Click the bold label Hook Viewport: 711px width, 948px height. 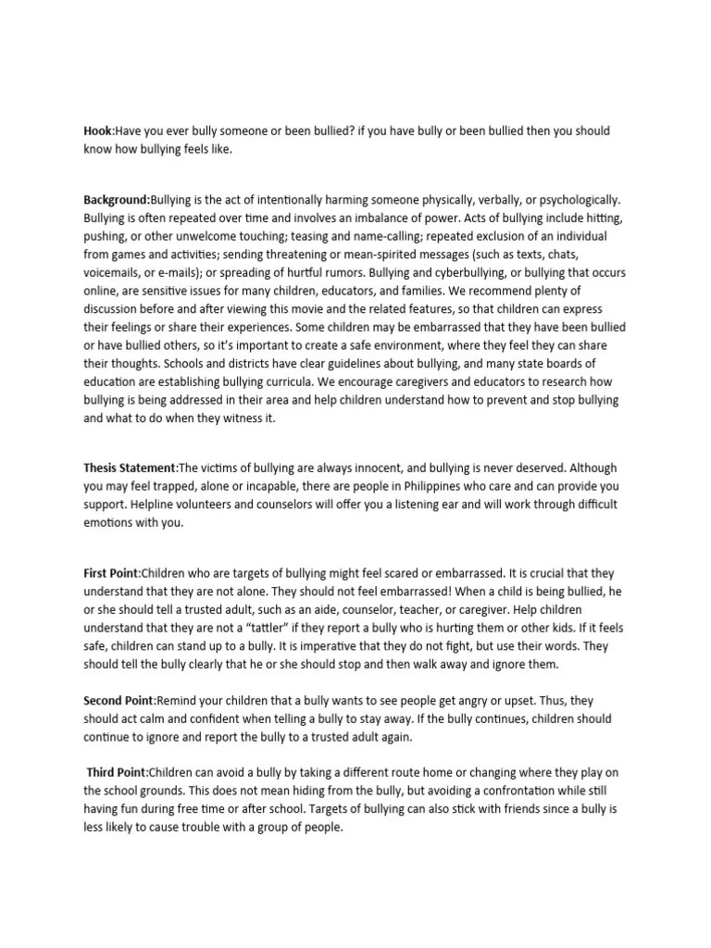point(97,131)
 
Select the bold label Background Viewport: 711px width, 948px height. point(116,200)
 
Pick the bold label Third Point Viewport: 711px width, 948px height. point(117,771)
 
